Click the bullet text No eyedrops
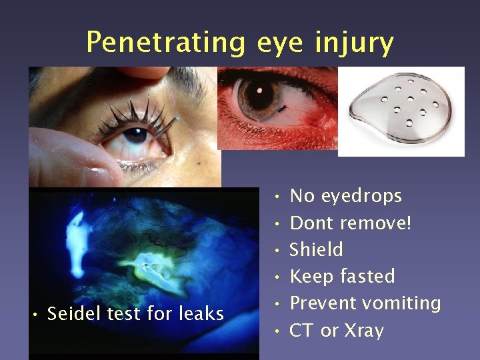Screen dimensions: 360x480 tap(346, 196)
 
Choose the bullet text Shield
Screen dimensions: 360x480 tap(317, 249)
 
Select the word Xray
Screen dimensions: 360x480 tap(364, 330)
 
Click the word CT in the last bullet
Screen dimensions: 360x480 tap(302, 330)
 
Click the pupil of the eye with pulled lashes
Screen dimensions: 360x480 tap(135, 134)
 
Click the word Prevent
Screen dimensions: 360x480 tap(323, 303)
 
